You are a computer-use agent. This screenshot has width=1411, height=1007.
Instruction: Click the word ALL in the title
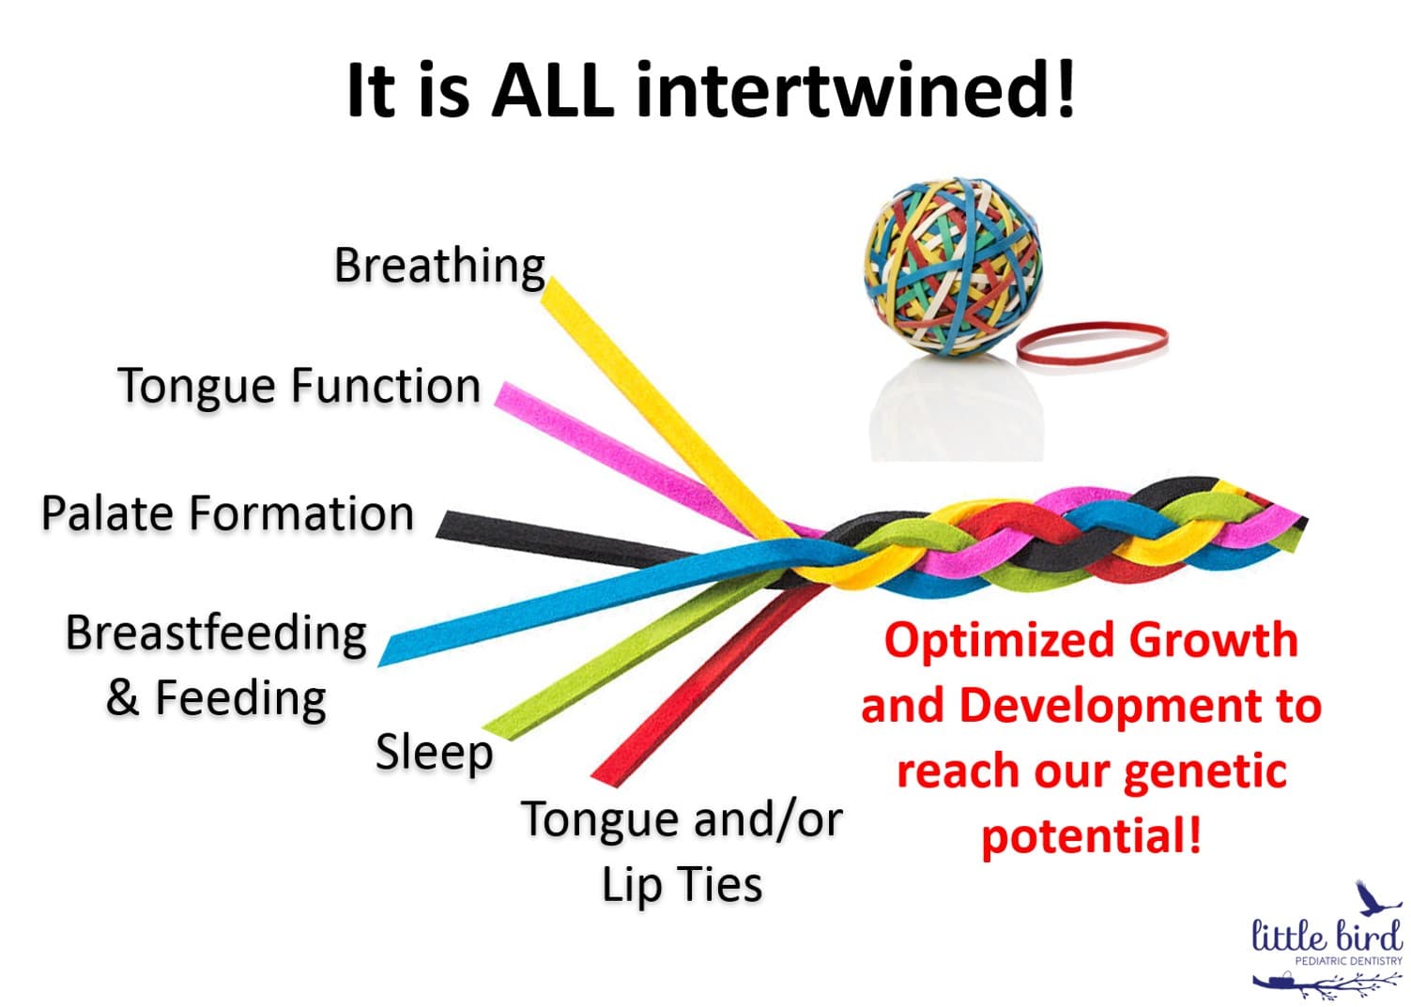[x=552, y=90]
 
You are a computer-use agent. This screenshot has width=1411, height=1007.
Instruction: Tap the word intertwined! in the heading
[x=855, y=90]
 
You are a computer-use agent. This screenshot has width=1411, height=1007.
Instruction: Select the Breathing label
[x=439, y=266]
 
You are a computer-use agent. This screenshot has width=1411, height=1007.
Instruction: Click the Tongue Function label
[x=299, y=386]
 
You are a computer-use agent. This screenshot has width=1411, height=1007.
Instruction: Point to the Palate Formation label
[x=227, y=513]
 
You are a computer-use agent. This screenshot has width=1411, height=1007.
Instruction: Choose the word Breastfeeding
[x=216, y=633]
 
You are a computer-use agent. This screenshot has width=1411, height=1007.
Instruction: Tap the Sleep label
[x=434, y=752]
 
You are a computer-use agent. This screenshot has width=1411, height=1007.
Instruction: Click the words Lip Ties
[x=682, y=884]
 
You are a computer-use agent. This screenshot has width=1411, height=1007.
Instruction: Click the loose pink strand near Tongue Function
[x=601, y=441]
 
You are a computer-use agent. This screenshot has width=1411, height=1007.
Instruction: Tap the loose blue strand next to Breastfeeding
[x=526, y=610]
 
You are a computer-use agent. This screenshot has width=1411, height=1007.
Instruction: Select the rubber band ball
[x=954, y=267]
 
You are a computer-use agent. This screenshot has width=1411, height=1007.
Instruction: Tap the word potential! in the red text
[x=1091, y=835]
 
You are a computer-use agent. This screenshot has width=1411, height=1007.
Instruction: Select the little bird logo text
[x=1326, y=936]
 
